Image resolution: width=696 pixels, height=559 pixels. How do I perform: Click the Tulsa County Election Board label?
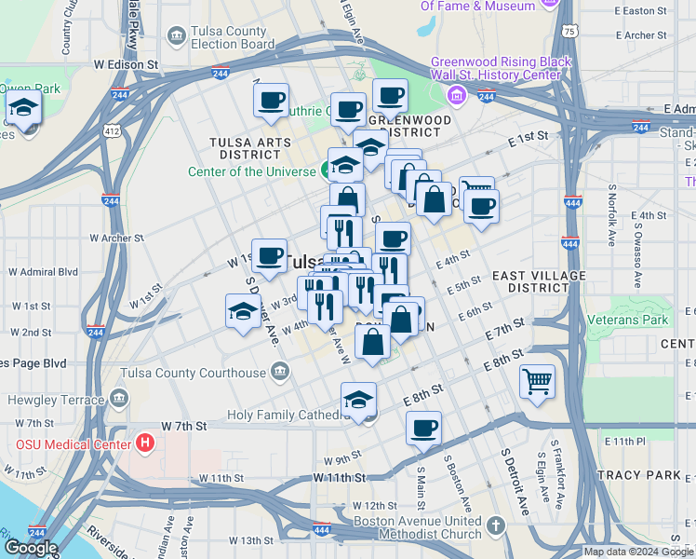(233, 36)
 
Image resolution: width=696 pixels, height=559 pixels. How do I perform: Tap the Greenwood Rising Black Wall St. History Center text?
(501, 69)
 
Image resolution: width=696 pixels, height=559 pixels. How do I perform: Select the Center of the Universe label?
(252, 171)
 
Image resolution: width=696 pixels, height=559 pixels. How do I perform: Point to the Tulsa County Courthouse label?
(194, 374)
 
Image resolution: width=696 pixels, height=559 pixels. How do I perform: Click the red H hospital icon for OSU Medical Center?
(144, 443)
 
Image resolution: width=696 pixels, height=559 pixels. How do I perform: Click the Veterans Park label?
(628, 320)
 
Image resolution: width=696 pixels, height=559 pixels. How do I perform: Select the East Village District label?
(539, 282)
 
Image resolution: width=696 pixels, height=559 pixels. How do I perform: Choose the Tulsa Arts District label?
(250, 148)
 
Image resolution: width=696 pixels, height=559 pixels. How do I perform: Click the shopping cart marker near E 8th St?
(538, 380)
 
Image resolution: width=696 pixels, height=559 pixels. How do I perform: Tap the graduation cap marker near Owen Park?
(23, 108)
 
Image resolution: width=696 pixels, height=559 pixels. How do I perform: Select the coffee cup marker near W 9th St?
(423, 428)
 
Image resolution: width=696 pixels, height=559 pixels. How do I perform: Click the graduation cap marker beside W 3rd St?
(243, 310)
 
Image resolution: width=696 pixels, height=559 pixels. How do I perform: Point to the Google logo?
(31, 548)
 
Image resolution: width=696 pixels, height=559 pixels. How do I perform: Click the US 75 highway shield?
(569, 31)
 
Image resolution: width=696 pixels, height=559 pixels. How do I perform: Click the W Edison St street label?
(126, 64)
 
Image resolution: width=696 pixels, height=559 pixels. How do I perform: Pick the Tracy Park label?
(639, 475)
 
